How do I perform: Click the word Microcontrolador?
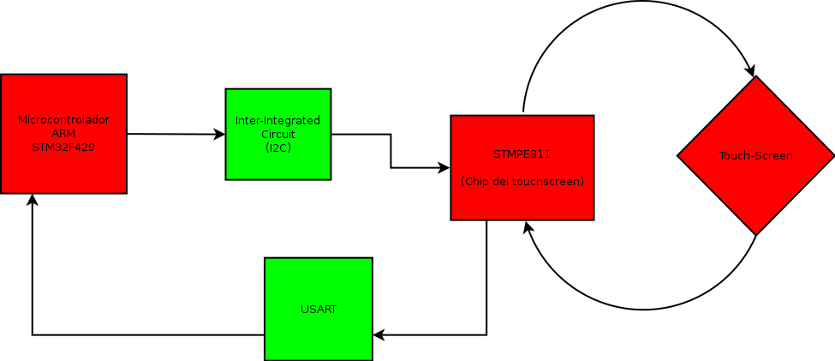[x=63, y=120]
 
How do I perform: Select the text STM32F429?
[x=63, y=147]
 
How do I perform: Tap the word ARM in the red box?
[x=63, y=134]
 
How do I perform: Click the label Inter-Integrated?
[x=277, y=121]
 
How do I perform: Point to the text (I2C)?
[x=277, y=147]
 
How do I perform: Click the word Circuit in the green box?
[x=277, y=134]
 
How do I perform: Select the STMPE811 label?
[x=522, y=154]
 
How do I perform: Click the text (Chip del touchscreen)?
[x=522, y=182]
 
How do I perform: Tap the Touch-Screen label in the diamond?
[x=755, y=156]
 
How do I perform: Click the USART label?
[x=319, y=309]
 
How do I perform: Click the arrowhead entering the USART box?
[x=379, y=334]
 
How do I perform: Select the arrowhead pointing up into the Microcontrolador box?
[x=32, y=200]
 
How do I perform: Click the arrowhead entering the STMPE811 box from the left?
[x=445, y=167]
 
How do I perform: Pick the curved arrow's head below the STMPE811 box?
[x=528, y=227]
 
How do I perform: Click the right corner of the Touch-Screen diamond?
[x=832, y=156]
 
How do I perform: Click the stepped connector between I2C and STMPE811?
[x=391, y=151]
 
